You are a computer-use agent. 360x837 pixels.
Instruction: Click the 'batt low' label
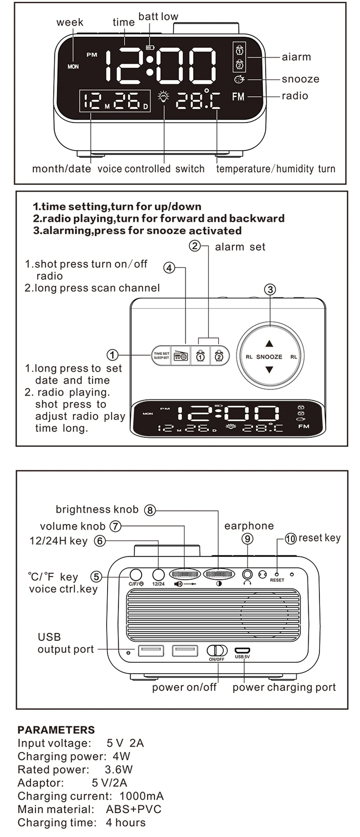coord(158,17)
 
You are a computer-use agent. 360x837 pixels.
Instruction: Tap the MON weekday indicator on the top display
coord(73,67)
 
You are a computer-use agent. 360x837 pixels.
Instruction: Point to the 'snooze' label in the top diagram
coord(300,79)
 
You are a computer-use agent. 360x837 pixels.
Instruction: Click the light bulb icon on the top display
coord(164,97)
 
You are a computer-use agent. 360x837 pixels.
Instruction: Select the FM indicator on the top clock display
coord(238,96)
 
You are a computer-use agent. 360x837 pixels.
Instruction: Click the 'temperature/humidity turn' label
coord(275,169)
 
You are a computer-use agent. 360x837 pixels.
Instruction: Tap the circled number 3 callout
coord(270,289)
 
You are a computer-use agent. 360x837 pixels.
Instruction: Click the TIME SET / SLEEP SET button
coord(161,355)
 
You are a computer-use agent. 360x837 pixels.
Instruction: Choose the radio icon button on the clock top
coord(181,356)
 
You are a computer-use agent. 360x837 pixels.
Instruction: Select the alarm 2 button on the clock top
coord(219,356)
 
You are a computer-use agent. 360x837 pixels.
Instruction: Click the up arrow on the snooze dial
coord(269,344)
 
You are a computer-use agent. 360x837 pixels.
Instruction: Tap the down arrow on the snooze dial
coord(269,370)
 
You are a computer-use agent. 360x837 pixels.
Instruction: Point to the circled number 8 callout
coord(150,510)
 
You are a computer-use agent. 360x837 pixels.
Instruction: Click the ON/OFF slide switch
coord(217,651)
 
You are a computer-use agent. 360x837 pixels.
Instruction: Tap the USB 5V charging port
coord(242,650)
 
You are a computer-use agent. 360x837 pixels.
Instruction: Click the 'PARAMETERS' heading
coord(56,729)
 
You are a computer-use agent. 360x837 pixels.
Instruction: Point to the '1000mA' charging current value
coord(141,796)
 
